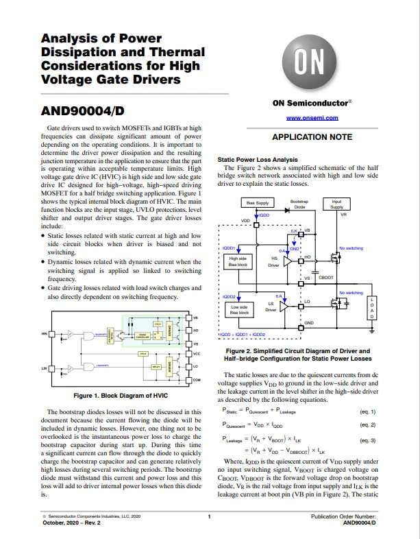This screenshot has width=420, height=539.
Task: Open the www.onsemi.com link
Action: (312, 118)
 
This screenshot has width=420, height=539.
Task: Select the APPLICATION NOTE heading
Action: (312, 137)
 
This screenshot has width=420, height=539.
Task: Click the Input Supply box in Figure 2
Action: (336, 204)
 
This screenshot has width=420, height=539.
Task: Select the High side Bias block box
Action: (238, 261)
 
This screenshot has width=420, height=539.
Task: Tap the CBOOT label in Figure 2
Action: (326, 278)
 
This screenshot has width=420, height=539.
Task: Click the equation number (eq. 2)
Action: (368, 425)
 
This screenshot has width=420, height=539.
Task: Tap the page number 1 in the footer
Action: (209, 515)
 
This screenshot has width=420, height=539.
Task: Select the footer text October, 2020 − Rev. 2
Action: (71, 523)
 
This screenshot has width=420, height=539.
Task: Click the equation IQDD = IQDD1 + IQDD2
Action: (242, 335)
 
